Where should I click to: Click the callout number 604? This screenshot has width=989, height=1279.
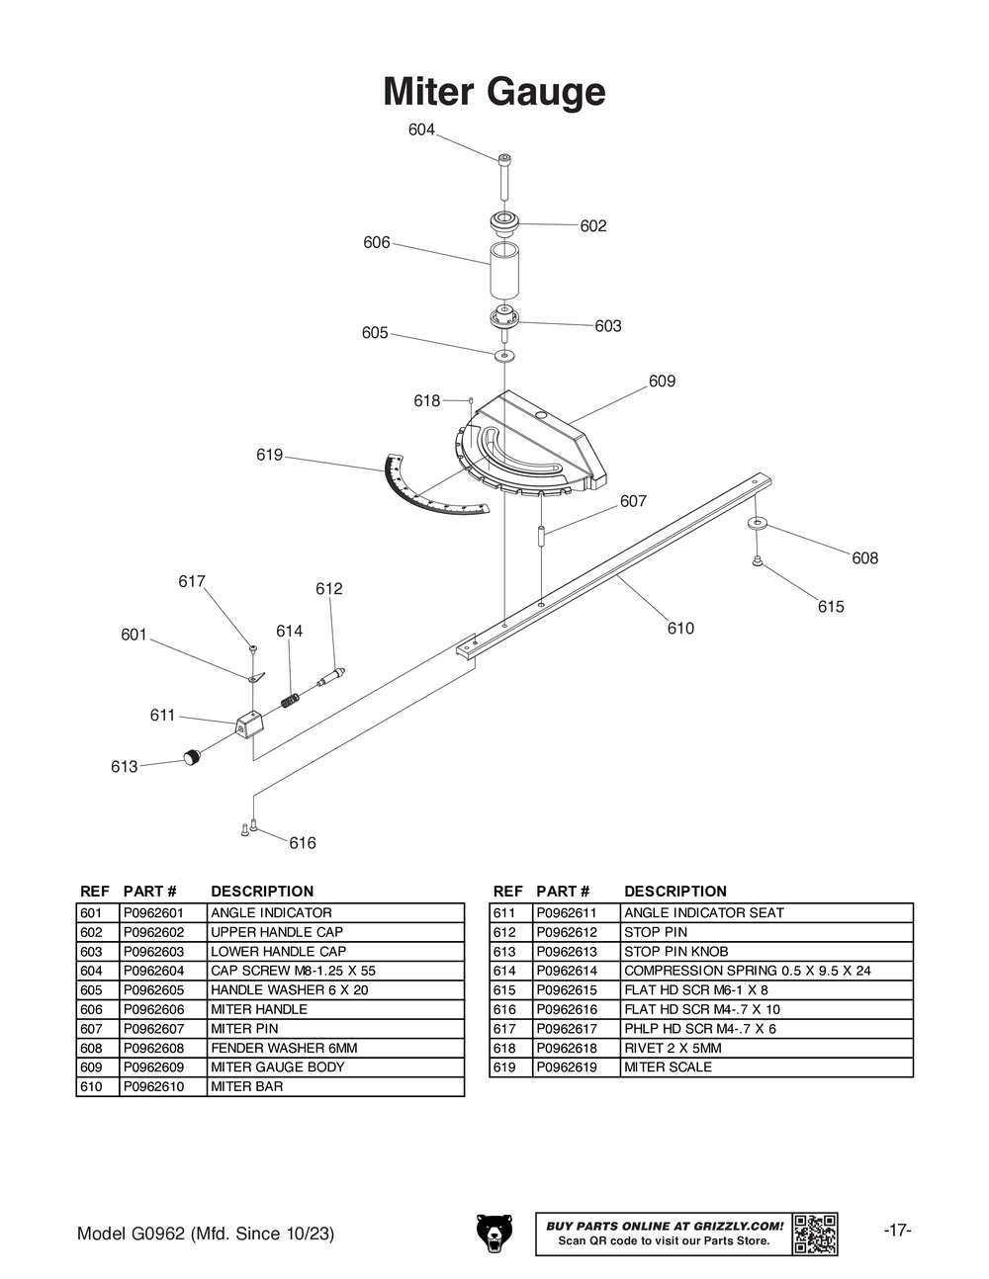point(421,129)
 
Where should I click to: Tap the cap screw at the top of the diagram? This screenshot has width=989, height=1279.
point(504,177)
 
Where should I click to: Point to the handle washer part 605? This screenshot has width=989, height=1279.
point(504,355)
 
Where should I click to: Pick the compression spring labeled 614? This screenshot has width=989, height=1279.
point(290,701)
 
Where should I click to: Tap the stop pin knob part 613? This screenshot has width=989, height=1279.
point(193,757)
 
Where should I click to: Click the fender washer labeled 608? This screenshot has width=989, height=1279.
point(757,523)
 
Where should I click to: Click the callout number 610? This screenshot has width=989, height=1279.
point(680,628)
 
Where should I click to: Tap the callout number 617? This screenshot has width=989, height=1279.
point(192,581)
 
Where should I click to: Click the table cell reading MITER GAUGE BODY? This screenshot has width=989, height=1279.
point(277,1066)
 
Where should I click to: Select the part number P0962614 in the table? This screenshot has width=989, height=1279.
point(567,970)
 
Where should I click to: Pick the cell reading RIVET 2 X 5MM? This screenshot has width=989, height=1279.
point(673,1048)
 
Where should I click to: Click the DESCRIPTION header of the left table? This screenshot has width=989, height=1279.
point(262,892)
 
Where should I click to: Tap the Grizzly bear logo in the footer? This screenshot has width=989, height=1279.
point(494,1233)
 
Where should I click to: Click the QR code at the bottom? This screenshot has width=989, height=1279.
point(815,1234)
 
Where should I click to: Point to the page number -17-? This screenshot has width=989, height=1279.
point(897,1231)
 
